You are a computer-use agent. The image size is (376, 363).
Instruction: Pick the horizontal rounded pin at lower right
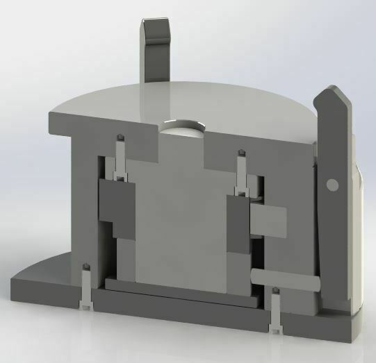click(285, 278)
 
